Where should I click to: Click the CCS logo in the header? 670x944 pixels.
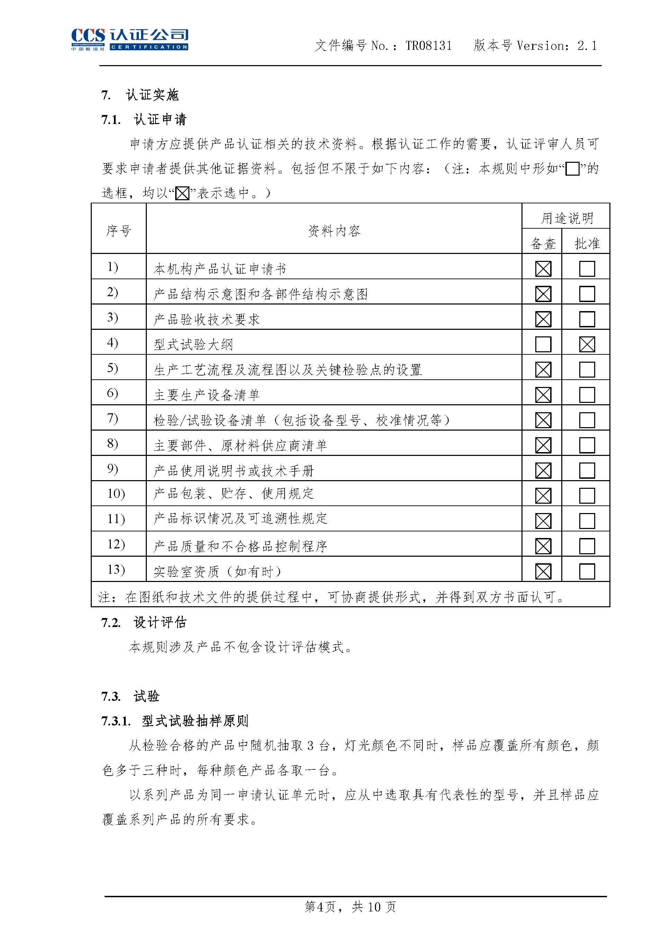pyautogui.click(x=129, y=39)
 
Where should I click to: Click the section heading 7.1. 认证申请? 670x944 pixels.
pyautogui.click(x=144, y=120)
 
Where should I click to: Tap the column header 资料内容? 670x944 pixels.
pyautogui.click(x=334, y=231)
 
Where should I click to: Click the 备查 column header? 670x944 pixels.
pyautogui.click(x=543, y=244)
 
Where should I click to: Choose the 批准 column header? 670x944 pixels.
pyautogui.click(x=587, y=244)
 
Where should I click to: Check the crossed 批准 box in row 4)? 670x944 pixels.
pyautogui.click(x=587, y=344)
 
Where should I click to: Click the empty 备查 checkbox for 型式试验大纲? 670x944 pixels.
pyautogui.click(x=543, y=344)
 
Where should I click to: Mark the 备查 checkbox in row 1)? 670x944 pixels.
pyautogui.click(x=543, y=269)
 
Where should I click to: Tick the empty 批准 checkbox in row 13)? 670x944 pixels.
pyautogui.click(x=587, y=571)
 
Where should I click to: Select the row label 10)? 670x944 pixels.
pyautogui.click(x=116, y=494)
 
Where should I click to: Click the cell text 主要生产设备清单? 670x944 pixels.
pyautogui.click(x=206, y=395)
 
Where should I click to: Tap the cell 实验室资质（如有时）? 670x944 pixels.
pyautogui.click(x=217, y=572)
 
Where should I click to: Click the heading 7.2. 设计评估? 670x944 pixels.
pyautogui.click(x=144, y=623)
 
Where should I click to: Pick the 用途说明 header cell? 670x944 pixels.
pyautogui.click(x=566, y=218)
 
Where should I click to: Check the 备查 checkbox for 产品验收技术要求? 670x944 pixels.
pyautogui.click(x=543, y=319)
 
